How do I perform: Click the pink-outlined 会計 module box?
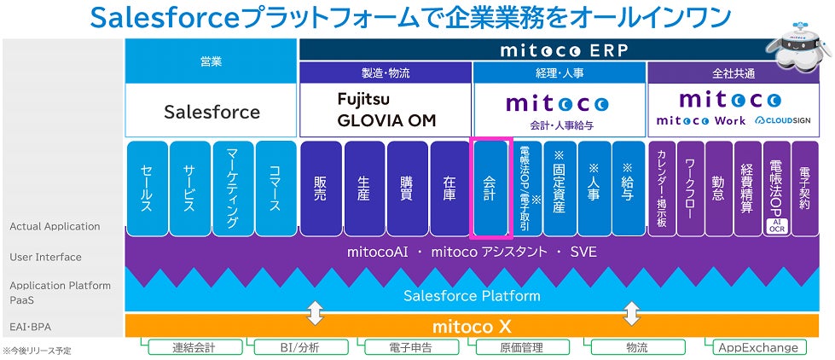[x=490, y=188]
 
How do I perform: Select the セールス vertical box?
[x=146, y=188]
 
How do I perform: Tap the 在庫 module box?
[x=450, y=188]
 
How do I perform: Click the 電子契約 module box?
[x=805, y=188]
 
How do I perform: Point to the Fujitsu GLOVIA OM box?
[x=386, y=110]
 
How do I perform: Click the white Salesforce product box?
[x=212, y=112]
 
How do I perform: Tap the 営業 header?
[x=212, y=61]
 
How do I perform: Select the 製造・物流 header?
[x=386, y=73]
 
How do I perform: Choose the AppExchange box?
[x=758, y=347]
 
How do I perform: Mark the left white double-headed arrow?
[x=316, y=311]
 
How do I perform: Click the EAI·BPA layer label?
[x=30, y=326]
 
